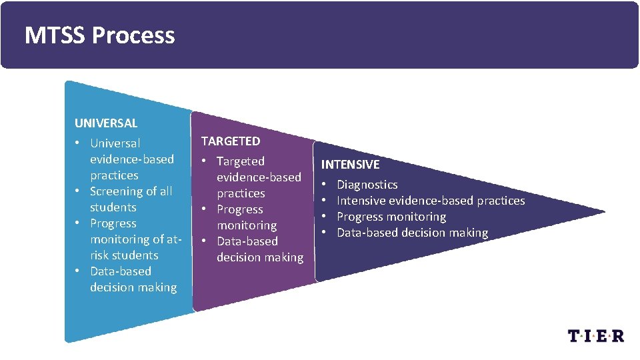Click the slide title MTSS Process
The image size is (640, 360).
pos(99,35)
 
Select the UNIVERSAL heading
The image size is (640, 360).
pos(106,123)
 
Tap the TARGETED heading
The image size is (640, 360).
pos(231,141)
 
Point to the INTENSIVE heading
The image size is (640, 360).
pos(350,165)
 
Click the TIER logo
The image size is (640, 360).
pos(596,335)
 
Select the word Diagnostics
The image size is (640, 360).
pos(367,185)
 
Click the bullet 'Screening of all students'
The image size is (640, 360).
pos(131,199)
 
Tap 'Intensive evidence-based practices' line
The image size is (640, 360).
pos(431,201)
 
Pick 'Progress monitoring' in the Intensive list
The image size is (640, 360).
pos(391,217)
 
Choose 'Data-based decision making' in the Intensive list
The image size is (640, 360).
pos(412,233)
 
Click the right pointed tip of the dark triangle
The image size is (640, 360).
pos(603,213)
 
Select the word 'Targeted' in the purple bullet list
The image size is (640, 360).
pos(240,161)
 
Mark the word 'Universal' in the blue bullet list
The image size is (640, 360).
pos(115,143)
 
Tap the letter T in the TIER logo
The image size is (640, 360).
pos(575,335)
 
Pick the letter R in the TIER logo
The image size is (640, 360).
pos(617,335)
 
